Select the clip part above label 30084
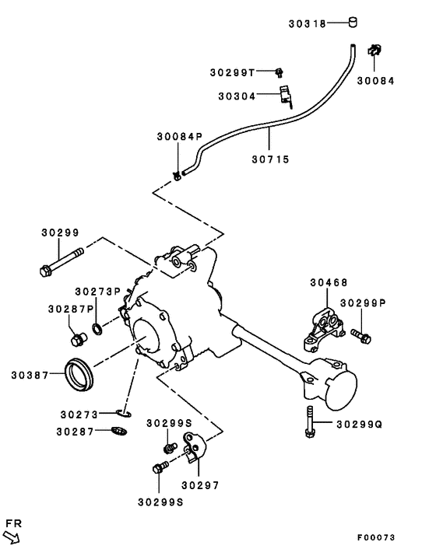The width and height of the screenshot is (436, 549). (x=373, y=52)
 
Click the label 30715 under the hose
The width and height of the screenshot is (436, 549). (x=270, y=159)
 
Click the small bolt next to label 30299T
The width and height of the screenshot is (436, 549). (x=278, y=72)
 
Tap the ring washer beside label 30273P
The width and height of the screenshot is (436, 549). (x=97, y=327)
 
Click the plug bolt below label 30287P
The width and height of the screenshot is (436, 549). (x=77, y=339)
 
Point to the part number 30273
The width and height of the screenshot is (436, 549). (x=81, y=414)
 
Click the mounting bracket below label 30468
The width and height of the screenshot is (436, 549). (x=322, y=330)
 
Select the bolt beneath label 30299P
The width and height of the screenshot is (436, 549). (x=360, y=336)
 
